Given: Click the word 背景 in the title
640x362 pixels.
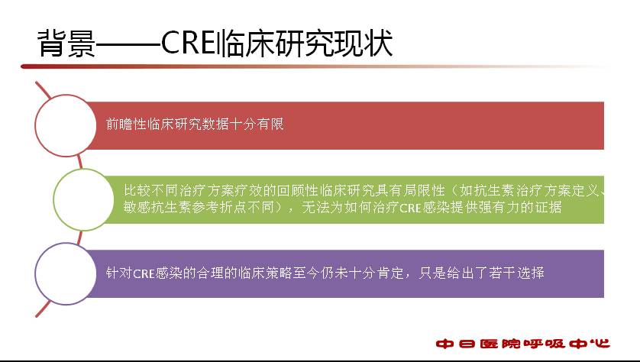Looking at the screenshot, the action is click(66, 43).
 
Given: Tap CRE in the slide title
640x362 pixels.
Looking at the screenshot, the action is click(189, 43).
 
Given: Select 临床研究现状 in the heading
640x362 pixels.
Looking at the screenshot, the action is click(305, 43).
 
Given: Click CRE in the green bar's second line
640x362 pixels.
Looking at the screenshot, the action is click(410, 208).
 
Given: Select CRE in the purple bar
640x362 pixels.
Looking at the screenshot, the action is click(144, 273).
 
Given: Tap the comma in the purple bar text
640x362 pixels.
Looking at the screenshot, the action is click(408, 276).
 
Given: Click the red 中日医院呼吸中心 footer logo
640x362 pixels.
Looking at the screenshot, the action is click(523, 344).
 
